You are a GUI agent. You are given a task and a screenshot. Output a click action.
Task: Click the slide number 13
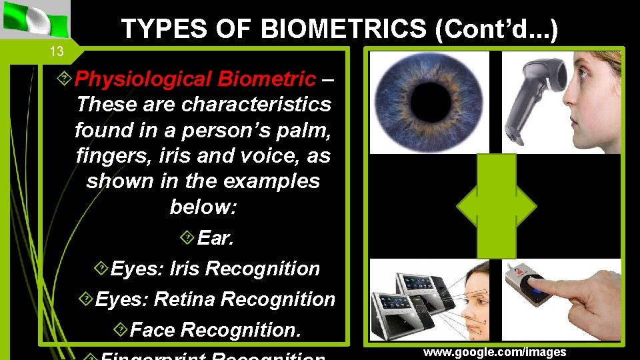58,51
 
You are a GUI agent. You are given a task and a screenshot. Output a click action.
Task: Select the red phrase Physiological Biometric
195,79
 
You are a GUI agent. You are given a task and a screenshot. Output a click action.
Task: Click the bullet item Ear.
215,238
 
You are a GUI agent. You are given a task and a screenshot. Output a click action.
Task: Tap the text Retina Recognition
244,299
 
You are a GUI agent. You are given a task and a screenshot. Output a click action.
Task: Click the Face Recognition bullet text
215,329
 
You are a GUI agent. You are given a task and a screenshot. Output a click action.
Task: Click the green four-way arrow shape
496,206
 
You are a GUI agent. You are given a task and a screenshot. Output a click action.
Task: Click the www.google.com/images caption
494,352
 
